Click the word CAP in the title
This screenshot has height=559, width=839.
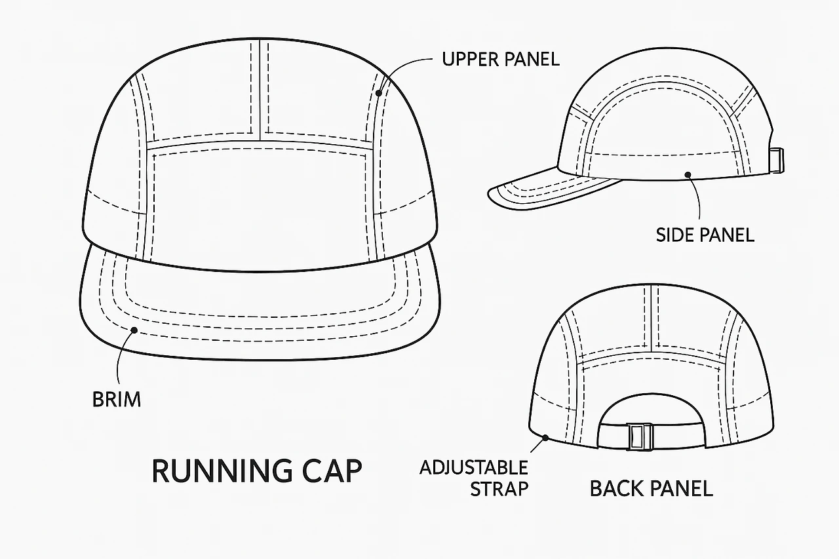click(x=334, y=471)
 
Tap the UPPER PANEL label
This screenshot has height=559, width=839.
click(x=501, y=60)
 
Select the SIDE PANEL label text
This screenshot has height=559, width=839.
click(x=705, y=235)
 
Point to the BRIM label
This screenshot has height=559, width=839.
click(x=117, y=398)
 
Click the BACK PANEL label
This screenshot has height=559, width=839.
click(x=651, y=489)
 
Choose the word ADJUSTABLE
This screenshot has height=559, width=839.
click(x=473, y=468)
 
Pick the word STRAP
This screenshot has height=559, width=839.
click(x=499, y=489)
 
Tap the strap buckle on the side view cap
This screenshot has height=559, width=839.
click(x=776, y=161)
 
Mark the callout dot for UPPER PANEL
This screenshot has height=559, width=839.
click(x=379, y=93)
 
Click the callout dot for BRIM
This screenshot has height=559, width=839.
click(x=134, y=330)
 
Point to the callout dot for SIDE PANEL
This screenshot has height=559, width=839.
click(x=688, y=174)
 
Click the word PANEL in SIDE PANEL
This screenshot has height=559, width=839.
click(x=728, y=235)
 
